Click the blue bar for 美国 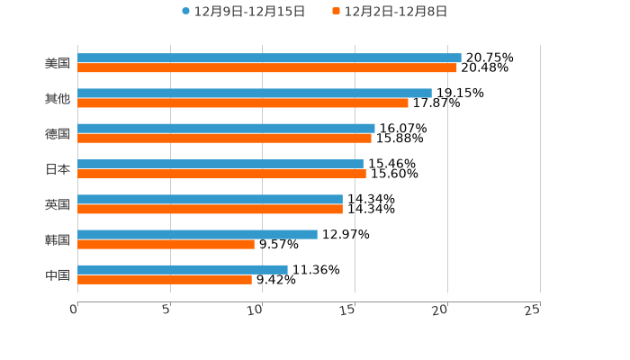coord(269,58)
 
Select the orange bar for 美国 coord(267,67)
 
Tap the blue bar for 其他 coord(255,93)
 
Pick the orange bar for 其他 coord(243,103)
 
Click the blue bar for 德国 coord(226,129)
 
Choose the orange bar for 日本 coord(221,174)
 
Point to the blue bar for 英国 coord(210,199)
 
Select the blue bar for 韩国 coord(197,234)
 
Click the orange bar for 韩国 coord(166,244)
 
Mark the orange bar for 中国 coord(165,279)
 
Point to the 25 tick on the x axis coord(532,310)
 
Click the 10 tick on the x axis coord(255,310)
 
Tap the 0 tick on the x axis coord(74,310)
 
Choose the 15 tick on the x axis coord(347,310)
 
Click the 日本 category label coord(58,169)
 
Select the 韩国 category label coord(58,239)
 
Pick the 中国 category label coord(58,274)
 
